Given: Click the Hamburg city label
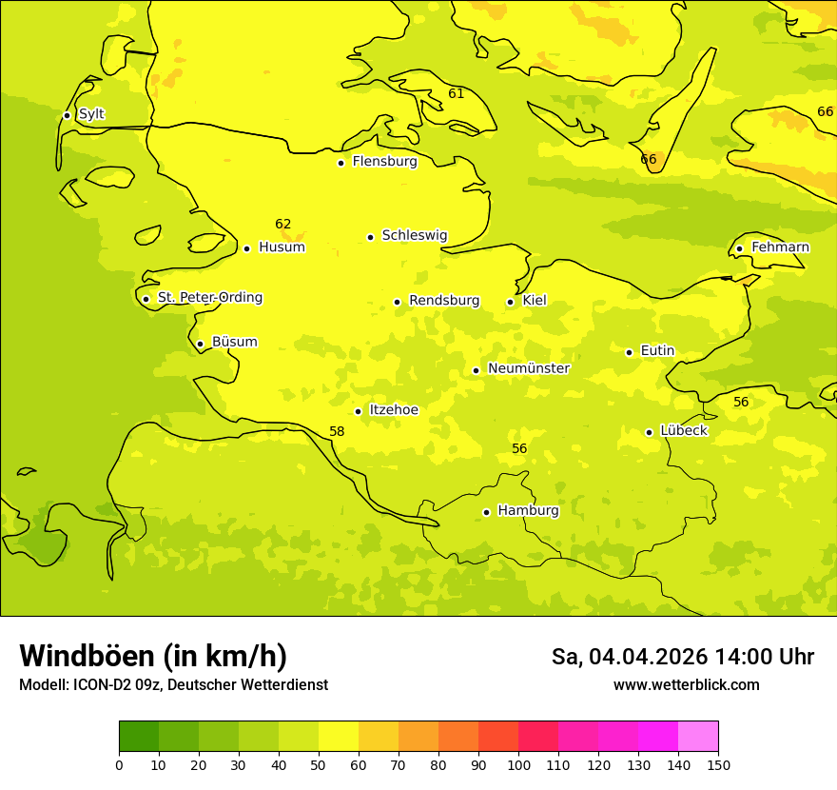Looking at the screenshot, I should tap(528, 511).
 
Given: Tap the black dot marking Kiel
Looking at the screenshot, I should tap(511, 302).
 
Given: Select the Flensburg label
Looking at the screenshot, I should tap(384, 162).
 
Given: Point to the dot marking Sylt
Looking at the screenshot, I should tap(67, 115).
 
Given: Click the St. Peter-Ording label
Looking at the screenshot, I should tap(209, 298).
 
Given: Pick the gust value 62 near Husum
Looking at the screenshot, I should tap(283, 225).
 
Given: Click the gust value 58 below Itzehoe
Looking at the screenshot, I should tap(337, 431).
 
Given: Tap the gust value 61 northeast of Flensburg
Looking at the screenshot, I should tap(457, 93).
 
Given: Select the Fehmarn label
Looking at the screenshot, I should tap(780, 247).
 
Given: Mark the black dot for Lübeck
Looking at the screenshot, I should tap(649, 432).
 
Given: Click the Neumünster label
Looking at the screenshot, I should tap(529, 368).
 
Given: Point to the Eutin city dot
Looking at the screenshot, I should tap(629, 352).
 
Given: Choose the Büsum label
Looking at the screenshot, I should tap(234, 342).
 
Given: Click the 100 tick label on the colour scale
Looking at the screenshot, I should tap(518, 765).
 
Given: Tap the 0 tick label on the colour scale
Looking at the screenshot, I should tap(119, 765).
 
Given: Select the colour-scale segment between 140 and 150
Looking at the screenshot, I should tap(698, 737).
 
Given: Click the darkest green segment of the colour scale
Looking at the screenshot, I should tap(139, 737).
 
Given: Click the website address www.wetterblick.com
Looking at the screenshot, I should tap(686, 685).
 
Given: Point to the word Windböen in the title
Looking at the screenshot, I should tap(87, 656).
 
